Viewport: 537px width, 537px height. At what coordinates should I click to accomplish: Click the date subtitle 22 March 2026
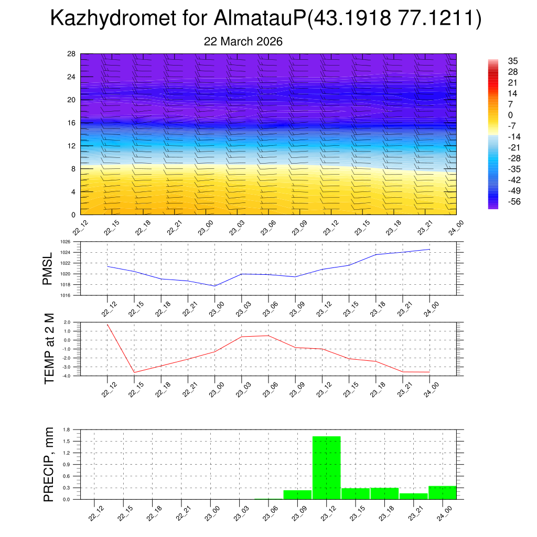point(243,42)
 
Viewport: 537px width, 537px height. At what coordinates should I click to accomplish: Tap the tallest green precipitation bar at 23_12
point(326,467)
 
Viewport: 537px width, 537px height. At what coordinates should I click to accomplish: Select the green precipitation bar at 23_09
point(297,495)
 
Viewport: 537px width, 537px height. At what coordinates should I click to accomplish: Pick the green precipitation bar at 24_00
point(442,492)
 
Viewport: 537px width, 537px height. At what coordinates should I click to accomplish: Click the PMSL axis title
point(48,268)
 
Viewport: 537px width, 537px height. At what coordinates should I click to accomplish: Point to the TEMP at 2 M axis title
point(49,348)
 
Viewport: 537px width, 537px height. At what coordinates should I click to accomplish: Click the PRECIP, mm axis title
point(49,464)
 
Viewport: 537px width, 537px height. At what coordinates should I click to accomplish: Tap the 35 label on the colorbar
point(513,61)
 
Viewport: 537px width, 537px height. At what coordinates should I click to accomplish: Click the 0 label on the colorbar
point(510,115)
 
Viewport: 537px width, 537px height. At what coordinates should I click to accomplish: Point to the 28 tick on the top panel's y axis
point(72,54)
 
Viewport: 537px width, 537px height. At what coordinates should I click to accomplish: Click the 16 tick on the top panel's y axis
point(72,123)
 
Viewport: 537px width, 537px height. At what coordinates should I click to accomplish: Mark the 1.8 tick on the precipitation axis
point(67,429)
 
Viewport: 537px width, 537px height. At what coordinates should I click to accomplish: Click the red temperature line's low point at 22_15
point(134,372)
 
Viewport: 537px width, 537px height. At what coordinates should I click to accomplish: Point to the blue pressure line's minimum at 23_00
point(215,286)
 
